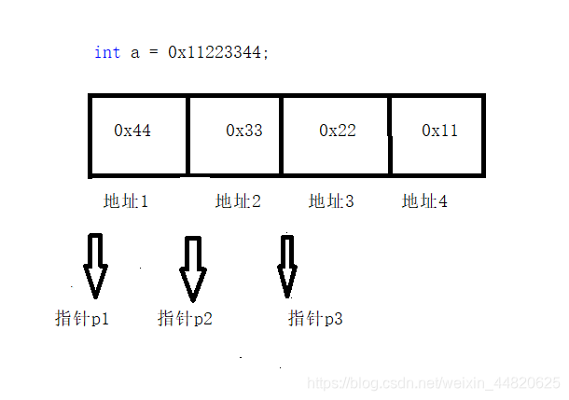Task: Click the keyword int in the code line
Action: pyautogui.click(x=106, y=52)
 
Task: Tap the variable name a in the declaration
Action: pyautogui.click(x=134, y=52)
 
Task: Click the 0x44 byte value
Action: pyautogui.click(x=132, y=131)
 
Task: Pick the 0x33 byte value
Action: pyautogui.click(x=244, y=131)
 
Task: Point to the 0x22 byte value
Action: pyautogui.click(x=337, y=131)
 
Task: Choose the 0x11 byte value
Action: pyautogui.click(x=439, y=131)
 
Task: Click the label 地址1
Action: pyautogui.click(x=126, y=200)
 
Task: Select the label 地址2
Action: pyautogui.click(x=238, y=200)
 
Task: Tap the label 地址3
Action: pyautogui.click(x=331, y=200)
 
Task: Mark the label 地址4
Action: pyautogui.click(x=424, y=200)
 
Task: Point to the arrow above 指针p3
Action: pyautogui.click(x=287, y=266)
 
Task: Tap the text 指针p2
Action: pyautogui.click(x=185, y=319)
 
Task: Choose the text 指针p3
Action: pyautogui.click(x=315, y=319)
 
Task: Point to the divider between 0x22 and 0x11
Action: pyautogui.click(x=390, y=134)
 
